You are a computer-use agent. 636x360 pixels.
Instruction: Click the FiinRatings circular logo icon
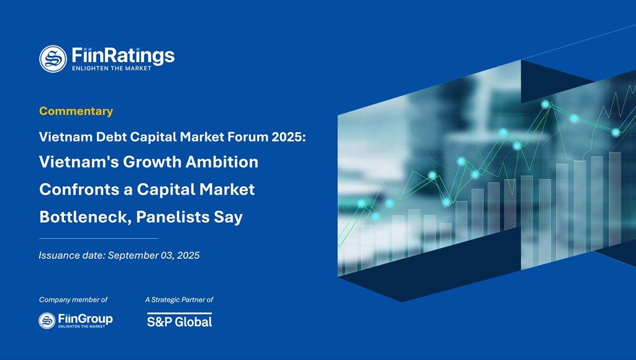(x=53, y=58)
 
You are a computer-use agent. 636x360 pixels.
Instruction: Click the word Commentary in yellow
(x=76, y=112)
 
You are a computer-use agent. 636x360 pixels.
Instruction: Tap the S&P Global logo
(x=179, y=320)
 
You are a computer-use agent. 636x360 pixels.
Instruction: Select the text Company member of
(x=73, y=300)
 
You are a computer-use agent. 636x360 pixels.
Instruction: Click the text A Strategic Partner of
(x=179, y=300)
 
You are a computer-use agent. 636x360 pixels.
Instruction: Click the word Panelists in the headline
(x=172, y=218)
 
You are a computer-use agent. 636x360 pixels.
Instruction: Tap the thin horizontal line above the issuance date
(x=98, y=238)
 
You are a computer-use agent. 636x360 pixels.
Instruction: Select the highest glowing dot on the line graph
(x=545, y=104)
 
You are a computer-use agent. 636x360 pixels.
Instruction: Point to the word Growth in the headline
(x=153, y=163)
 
